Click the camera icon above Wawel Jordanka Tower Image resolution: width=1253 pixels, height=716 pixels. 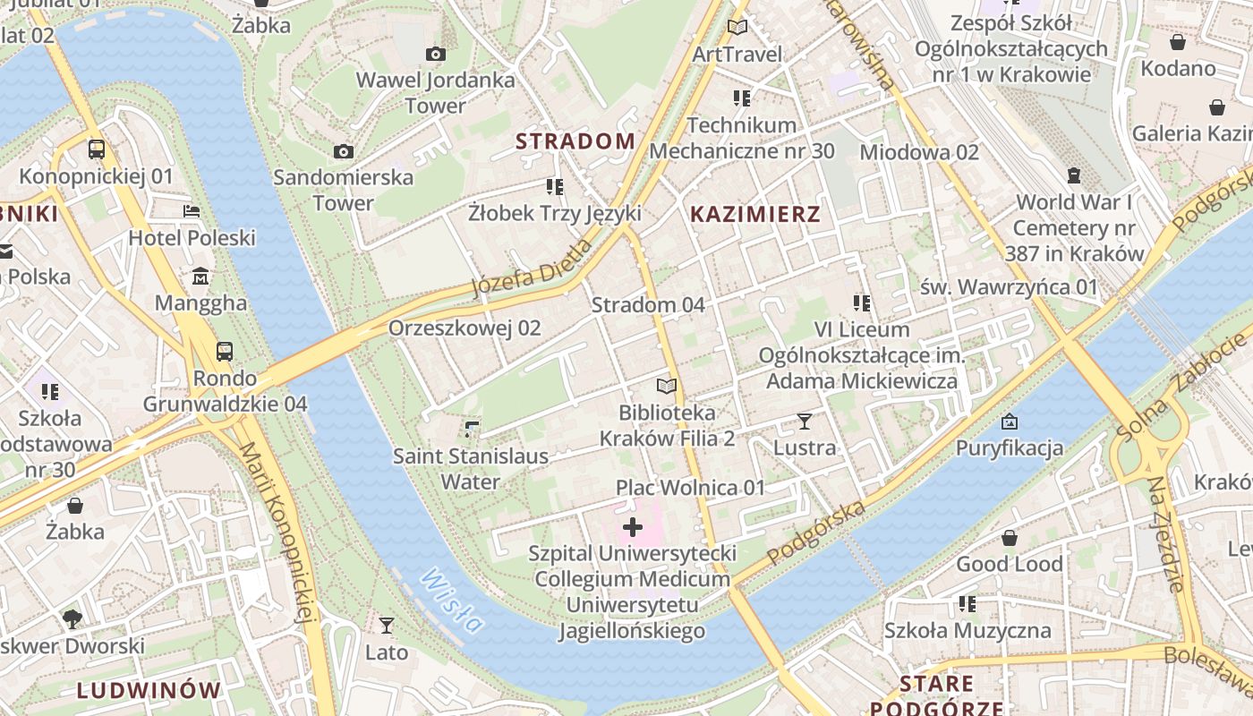click(436, 55)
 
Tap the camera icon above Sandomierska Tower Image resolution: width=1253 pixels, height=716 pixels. click(344, 151)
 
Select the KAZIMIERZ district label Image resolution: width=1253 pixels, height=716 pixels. click(755, 214)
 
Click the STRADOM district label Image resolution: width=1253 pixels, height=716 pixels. click(575, 141)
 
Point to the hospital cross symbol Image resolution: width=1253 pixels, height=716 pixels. click(633, 527)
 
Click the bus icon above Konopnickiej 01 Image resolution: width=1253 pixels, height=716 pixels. click(97, 149)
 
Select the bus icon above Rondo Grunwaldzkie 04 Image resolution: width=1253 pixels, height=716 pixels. click(225, 352)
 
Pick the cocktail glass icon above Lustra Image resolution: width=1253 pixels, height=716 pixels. click(804, 421)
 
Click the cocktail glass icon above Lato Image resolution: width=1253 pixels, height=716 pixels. click(387, 625)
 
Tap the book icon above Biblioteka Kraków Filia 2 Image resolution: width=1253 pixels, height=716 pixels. click(667, 386)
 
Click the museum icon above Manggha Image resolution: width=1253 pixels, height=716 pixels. click(201, 276)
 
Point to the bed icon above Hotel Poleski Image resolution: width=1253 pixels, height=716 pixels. click(192, 211)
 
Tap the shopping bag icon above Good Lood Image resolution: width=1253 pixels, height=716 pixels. click(1010, 538)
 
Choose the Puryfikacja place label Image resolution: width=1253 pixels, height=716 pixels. click(1010, 447)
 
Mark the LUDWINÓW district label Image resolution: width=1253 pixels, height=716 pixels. click(149, 690)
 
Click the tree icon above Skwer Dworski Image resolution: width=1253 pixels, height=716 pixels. click(72, 618)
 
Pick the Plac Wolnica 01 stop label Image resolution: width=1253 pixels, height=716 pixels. click(690, 488)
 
